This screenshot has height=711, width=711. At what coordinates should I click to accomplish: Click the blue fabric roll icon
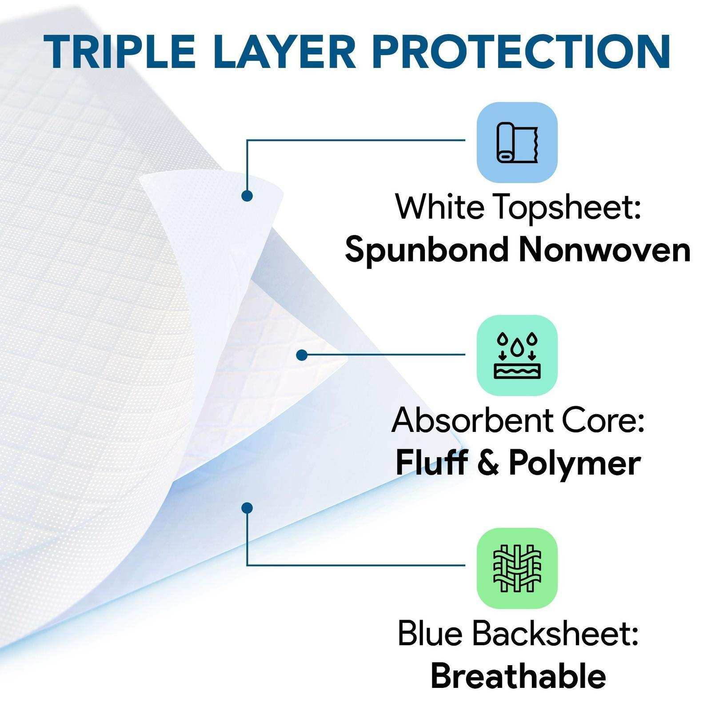click(x=517, y=142)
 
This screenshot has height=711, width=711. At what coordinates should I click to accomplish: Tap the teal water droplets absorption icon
click(x=517, y=355)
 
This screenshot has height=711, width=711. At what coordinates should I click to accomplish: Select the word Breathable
click(x=518, y=676)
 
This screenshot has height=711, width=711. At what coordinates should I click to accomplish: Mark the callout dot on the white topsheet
click(x=247, y=196)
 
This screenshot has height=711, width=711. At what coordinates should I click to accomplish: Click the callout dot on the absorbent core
click(x=302, y=355)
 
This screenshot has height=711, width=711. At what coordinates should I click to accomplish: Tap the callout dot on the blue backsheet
click(x=247, y=508)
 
